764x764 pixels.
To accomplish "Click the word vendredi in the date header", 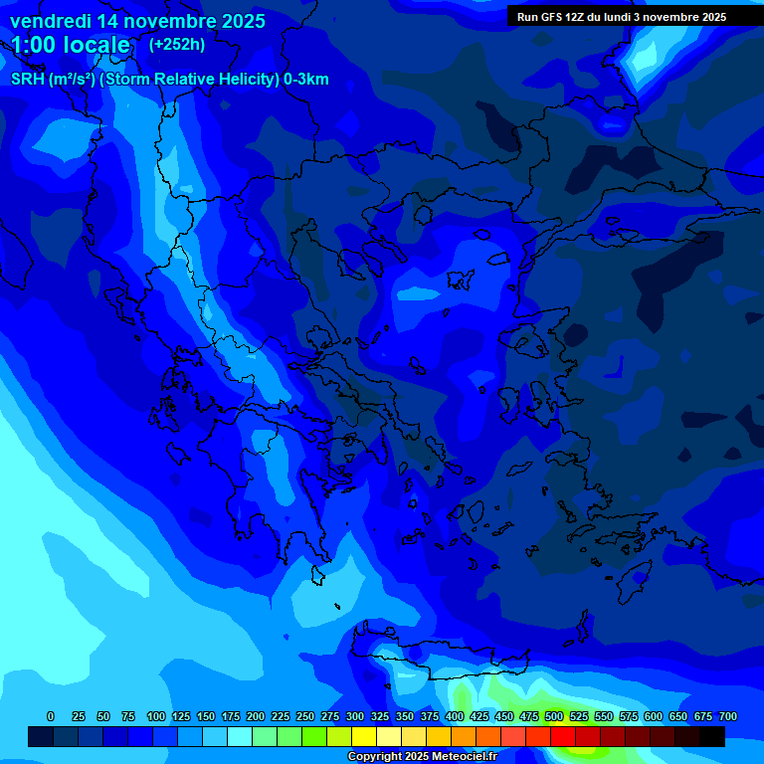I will point(50,21).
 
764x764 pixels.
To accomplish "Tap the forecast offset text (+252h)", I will point(177,44).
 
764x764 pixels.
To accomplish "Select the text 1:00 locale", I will point(71,45).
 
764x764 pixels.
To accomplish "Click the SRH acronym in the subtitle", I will point(27,80).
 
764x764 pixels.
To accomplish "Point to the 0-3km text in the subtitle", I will point(305,80).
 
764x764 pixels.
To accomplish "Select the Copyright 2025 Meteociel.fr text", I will point(422,756).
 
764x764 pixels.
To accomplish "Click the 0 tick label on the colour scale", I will point(51,716).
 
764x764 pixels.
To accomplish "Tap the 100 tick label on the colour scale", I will point(155,716).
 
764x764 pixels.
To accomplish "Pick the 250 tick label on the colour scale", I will point(304,716).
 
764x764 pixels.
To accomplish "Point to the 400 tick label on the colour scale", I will point(455,716).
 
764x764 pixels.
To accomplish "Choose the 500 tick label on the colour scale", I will point(554,716).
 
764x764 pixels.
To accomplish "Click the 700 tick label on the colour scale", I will point(728,716).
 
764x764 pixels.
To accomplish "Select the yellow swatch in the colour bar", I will point(364,737).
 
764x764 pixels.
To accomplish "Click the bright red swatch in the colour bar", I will point(563,737).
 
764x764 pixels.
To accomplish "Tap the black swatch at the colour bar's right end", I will point(712,737).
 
